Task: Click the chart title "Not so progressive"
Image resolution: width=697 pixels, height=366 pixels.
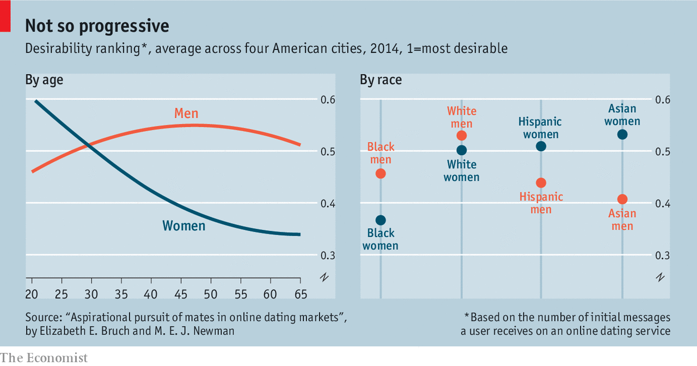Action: (x=97, y=26)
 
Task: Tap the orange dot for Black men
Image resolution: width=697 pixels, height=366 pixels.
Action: (x=381, y=173)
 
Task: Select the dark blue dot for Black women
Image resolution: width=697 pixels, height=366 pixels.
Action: (x=381, y=220)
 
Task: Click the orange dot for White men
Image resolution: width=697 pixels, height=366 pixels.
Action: (x=462, y=136)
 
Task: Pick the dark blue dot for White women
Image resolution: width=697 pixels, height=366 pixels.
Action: (x=462, y=150)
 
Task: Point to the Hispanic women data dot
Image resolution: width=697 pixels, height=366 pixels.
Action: (x=541, y=146)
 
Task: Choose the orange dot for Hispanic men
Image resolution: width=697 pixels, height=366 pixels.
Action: (x=541, y=182)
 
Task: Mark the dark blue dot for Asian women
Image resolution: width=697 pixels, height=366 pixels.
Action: (x=622, y=134)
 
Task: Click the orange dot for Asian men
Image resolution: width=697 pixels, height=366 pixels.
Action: (x=622, y=199)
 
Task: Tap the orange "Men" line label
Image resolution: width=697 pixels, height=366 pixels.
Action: (x=186, y=113)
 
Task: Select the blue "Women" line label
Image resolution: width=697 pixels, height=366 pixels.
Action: (x=184, y=225)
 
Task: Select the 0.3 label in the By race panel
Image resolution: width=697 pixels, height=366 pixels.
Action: (x=663, y=255)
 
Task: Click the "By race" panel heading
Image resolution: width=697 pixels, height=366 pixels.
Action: (x=381, y=80)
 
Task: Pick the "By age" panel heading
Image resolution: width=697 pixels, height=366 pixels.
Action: (x=44, y=80)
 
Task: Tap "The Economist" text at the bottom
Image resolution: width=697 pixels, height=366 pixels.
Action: (x=44, y=358)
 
